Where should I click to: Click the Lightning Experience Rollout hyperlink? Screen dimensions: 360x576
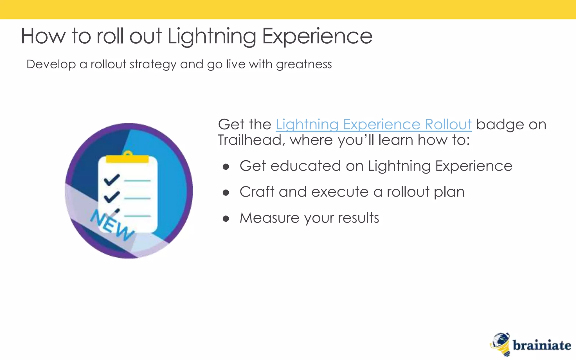[373, 124]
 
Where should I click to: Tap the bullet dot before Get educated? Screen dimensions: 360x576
[226, 167]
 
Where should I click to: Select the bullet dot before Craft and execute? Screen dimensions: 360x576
[226, 193]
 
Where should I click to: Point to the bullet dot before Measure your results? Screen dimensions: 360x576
[226, 219]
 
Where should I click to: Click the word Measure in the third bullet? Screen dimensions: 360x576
[269, 218]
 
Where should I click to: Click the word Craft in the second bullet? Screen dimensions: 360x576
[257, 192]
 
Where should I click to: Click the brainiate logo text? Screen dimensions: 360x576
[542, 346]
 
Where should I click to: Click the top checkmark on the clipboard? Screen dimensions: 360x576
[112, 180]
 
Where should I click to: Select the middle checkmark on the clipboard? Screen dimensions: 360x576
[112, 197]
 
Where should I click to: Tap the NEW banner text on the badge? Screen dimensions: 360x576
[112, 225]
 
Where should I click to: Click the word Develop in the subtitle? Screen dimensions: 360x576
[51, 64]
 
